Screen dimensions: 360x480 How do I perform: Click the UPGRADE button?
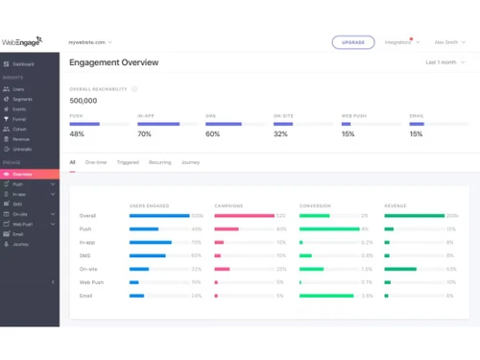click(x=353, y=42)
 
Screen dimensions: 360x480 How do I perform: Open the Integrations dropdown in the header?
click(x=398, y=42)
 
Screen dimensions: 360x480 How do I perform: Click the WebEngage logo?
click(x=29, y=42)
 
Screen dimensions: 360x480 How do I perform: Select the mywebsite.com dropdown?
click(x=90, y=42)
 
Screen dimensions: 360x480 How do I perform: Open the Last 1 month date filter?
click(x=446, y=62)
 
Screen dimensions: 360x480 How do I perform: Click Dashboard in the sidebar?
click(x=22, y=64)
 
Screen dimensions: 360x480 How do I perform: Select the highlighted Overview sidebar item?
click(x=22, y=174)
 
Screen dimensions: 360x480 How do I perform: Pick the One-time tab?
click(x=96, y=162)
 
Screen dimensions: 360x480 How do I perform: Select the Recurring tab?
click(x=159, y=162)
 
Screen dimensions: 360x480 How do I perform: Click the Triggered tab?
click(x=128, y=162)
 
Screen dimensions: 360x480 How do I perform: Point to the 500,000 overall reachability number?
click(x=84, y=99)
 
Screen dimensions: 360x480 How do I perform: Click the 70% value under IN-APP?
click(x=144, y=133)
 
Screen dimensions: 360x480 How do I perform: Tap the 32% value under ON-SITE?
click(x=280, y=133)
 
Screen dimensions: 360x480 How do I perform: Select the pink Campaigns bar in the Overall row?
click(x=243, y=216)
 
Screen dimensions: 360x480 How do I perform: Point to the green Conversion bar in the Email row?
click(x=326, y=296)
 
